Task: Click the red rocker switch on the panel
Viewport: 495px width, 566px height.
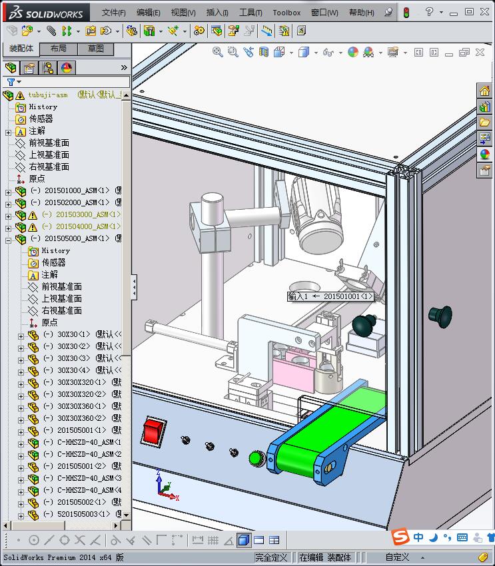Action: tap(153, 431)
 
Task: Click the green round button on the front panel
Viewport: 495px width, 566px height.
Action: tap(255, 457)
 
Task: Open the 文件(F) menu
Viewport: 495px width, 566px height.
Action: tap(113, 13)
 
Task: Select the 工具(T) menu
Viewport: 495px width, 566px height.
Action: tap(250, 13)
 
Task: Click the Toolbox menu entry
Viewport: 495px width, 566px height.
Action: tap(286, 13)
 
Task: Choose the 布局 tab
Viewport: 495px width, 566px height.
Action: tap(59, 49)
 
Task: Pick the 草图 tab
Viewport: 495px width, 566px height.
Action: tap(96, 49)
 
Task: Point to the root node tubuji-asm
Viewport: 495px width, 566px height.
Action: tap(48, 95)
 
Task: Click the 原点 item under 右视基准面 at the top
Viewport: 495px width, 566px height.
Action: tap(37, 178)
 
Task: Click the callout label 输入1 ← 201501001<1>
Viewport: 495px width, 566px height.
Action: tap(330, 296)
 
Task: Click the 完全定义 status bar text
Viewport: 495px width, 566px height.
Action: tap(271, 557)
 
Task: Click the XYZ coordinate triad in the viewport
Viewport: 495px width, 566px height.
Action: tap(164, 487)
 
